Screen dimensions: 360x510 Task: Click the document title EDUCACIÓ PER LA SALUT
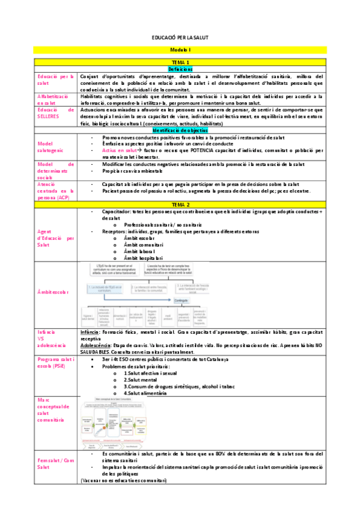click(180, 37)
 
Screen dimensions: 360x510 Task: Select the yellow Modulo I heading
click(180, 50)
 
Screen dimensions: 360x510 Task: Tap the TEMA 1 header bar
click(180, 63)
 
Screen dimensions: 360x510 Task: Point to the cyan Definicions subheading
click(180, 70)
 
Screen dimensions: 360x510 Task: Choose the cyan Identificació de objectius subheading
click(180, 130)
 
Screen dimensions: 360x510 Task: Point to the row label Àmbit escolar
click(53, 292)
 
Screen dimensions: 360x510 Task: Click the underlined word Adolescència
click(97, 345)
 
